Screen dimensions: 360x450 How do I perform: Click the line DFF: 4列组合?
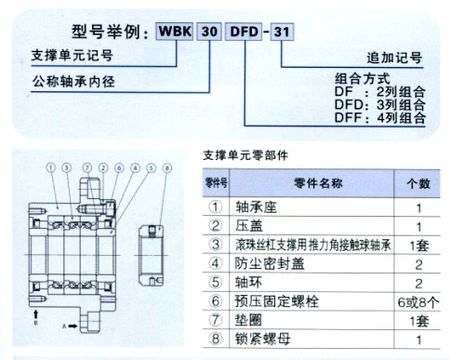(379, 118)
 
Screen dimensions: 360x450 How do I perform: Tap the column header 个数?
(419, 181)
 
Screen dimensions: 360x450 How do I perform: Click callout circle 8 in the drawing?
(167, 168)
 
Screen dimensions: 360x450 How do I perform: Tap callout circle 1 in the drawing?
(49, 168)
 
